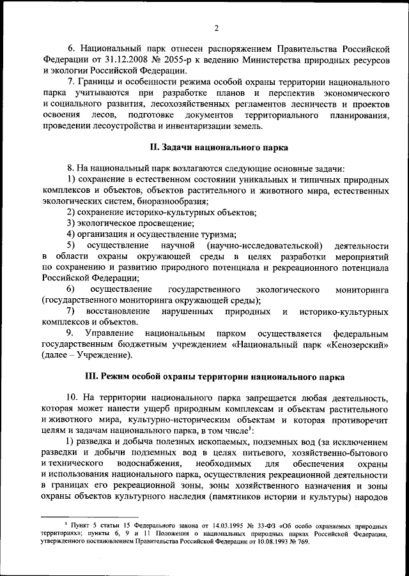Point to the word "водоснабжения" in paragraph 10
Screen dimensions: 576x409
tap(152, 463)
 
